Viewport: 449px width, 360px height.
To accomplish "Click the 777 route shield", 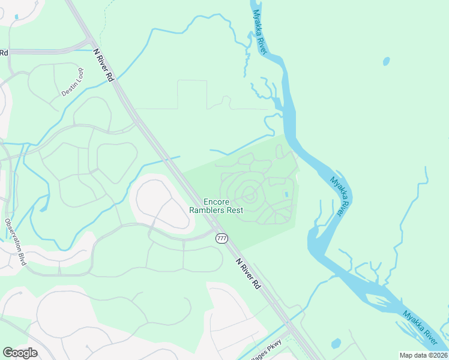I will [x=221, y=238].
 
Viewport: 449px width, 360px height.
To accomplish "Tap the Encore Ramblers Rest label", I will [x=215, y=206].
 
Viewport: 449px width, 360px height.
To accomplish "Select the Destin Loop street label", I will [x=73, y=82].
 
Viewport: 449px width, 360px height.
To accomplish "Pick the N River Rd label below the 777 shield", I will [x=249, y=274].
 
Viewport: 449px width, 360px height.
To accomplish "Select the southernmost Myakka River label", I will [x=420, y=327].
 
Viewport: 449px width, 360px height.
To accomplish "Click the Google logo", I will [x=20, y=353].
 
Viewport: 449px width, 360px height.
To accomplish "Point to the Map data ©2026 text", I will [x=423, y=355].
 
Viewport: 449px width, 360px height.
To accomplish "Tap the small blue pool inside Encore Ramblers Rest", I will [x=286, y=194].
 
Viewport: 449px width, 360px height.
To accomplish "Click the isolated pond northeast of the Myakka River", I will [x=386, y=61].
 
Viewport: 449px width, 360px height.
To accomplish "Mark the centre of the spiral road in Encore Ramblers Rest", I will [x=250, y=195].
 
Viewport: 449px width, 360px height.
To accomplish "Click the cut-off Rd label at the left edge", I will [x=4, y=53].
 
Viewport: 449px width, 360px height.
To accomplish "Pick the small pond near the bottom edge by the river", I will [x=336, y=344].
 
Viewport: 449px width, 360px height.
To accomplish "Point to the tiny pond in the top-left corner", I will [x=16, y=16].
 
